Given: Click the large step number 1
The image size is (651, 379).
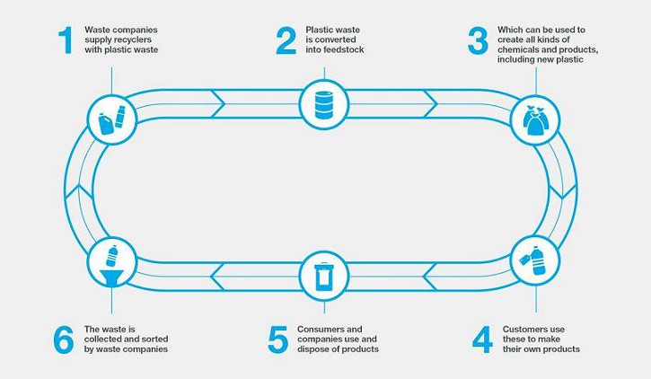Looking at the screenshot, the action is (x=66, y=40).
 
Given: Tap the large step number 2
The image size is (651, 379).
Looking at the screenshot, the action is (x=286, y=40).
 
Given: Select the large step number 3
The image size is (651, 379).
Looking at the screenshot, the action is (x=478, y=40).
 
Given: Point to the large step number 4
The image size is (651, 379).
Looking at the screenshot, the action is (x=482, y=339).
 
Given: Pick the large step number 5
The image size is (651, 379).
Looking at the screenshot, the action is (x=277, y=339).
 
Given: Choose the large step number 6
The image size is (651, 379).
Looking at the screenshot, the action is (x=64, y=339).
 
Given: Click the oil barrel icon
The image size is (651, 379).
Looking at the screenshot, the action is (x=324, y=105).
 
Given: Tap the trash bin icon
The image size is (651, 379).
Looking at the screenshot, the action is (x=324, y=277).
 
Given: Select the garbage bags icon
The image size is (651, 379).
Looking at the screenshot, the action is (x=535, y=120).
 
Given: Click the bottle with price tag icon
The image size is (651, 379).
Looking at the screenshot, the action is (x=533, y=260).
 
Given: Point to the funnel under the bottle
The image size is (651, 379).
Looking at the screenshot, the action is (x=111, y=278).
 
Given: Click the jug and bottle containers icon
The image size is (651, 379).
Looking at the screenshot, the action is (x=111, y=120).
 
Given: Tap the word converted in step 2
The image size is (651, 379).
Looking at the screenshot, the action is (x=336, y=40).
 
